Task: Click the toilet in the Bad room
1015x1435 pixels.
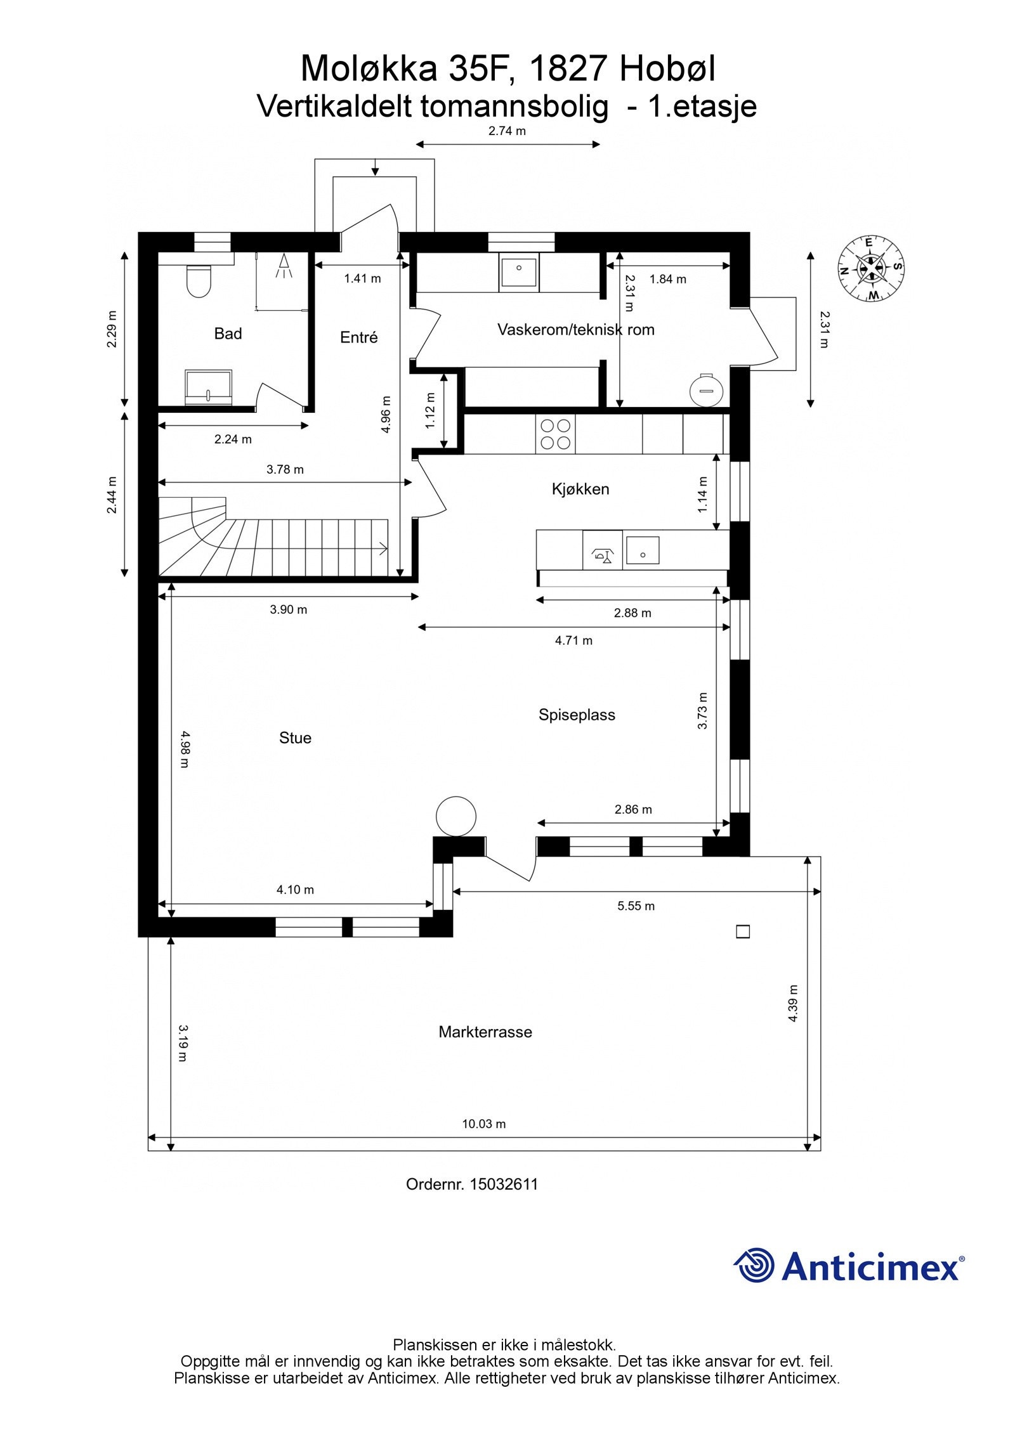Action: [199, 281]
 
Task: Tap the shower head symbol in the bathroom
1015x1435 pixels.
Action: [284, 266]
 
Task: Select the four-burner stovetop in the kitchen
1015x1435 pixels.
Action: [555, 434]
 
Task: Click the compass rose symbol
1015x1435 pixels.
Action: [871, 268]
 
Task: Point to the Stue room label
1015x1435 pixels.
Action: [295, 737]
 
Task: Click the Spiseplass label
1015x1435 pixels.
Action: [577, 715]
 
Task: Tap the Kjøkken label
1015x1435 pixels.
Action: [580, 489]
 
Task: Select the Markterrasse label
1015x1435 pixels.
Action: [485, 1032]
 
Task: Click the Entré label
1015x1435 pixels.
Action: [359, 337]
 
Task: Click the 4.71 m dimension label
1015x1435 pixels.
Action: [574, 640]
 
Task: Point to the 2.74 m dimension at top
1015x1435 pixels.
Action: [507, 131]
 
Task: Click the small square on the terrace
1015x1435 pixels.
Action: [743, 932]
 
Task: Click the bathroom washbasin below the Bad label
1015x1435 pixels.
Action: [209, 387]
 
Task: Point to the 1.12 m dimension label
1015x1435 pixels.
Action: [431, 411]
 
